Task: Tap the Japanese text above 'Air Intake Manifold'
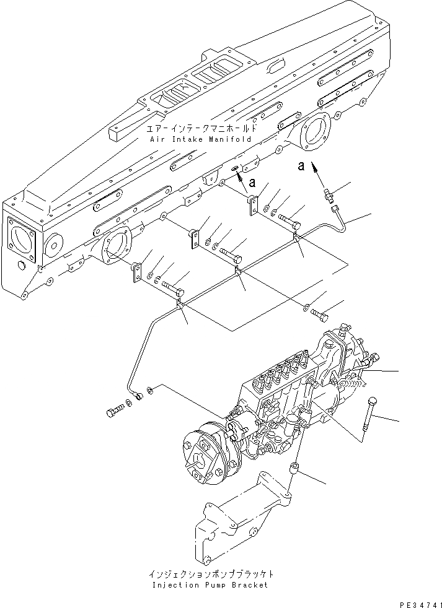[201, 129]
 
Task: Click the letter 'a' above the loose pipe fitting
[301, 166]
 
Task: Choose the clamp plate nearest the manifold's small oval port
[253, 206]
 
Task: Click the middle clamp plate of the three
[195, 238]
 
